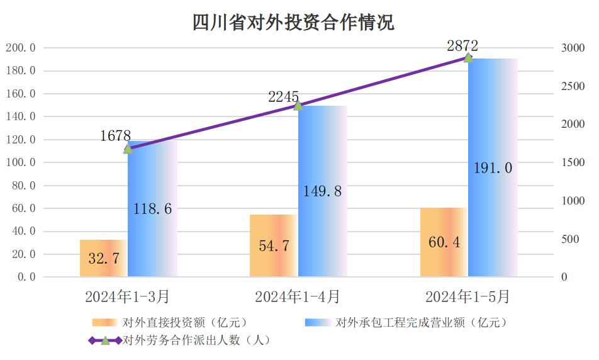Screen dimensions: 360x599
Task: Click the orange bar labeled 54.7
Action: pyautogui.click(x=274, y=245)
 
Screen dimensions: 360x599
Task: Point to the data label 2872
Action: pyautogui.click(x=462, y=45)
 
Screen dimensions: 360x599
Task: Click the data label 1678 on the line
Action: pyautogui.click(x=116, y=135)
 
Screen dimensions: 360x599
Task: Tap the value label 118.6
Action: pyautogui.click(x=152, y=209)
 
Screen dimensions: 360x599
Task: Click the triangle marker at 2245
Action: pyautogui.click(x=298, y=105)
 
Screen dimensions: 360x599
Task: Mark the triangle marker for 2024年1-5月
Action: pyautogui.click(x=468, y=57)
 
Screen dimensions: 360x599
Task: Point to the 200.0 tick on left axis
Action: pyautogui.click(x=20, y=48)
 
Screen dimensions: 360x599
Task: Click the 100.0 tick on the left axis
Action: pyautogui.click(x=20, y=162)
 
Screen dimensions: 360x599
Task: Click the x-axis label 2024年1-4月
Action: pyautogui.click(x=298, y=296)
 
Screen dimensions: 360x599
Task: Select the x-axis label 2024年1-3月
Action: pyautogui.click(x=128, y=296)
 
